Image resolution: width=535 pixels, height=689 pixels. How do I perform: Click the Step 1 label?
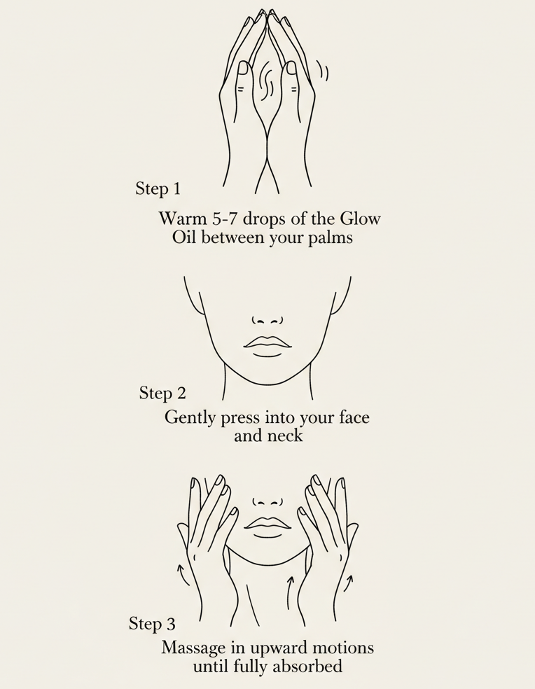tap(158, 188)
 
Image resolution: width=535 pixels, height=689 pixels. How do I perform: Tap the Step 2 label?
tap(162, 393)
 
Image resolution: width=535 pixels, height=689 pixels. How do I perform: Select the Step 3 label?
tap(152, 623)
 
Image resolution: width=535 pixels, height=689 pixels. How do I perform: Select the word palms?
tap(329, 238)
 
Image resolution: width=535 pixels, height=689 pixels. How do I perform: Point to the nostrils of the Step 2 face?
tap(267, 321)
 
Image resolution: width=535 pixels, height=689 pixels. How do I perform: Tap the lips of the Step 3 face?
tap(267, 526)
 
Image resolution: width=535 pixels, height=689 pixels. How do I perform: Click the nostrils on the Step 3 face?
tap(267, 502)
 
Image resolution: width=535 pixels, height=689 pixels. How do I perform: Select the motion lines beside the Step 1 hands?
tap(323, 71)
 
